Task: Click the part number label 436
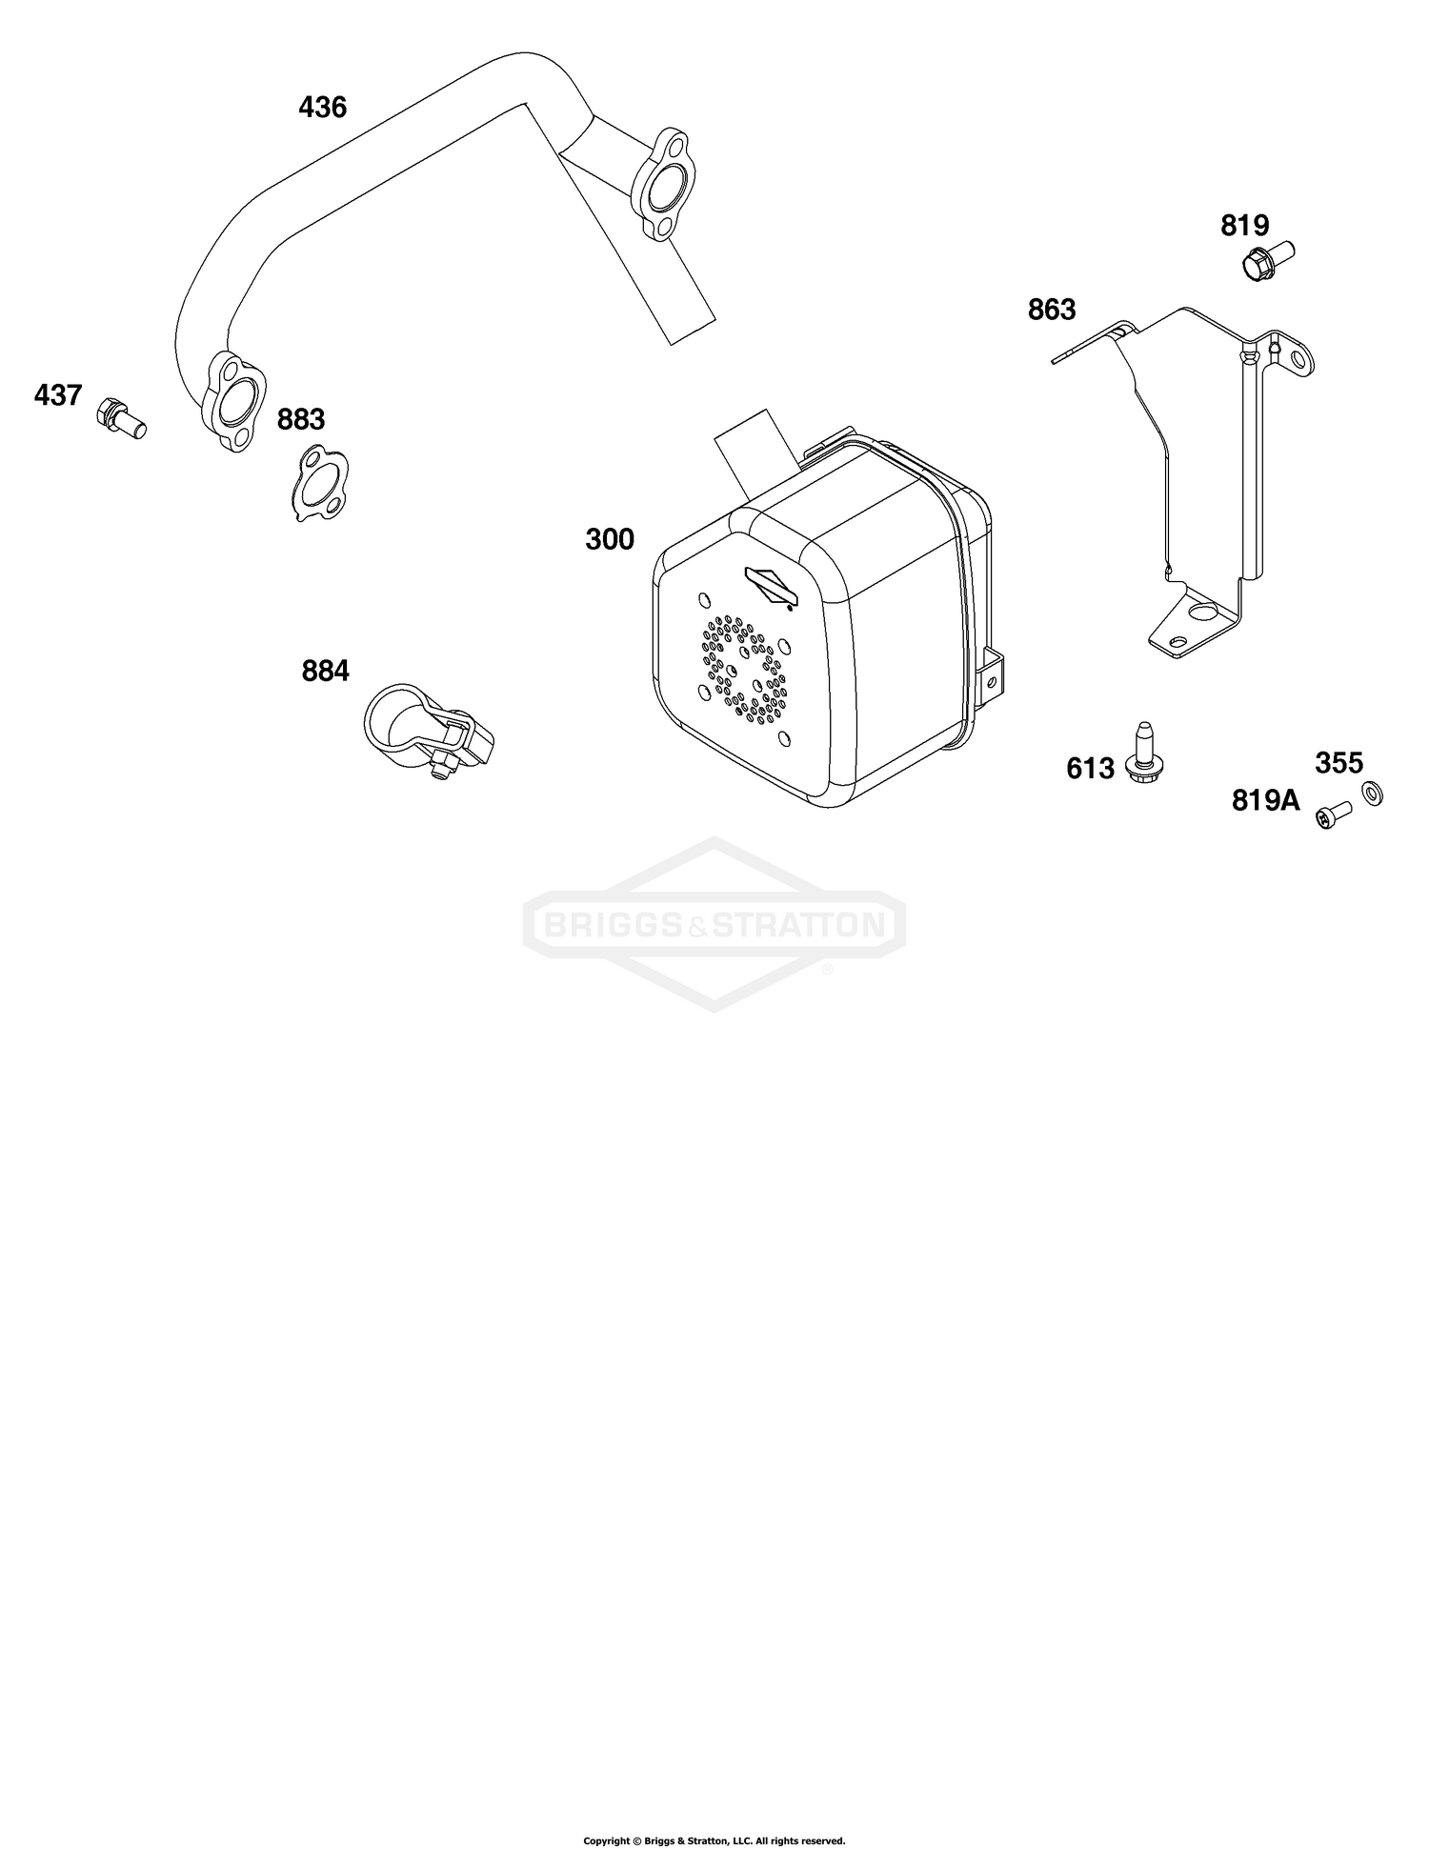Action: tap(322, 108)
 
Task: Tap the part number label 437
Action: tap(58, 394)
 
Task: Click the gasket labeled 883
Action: tap(319, 484)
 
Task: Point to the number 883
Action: tap(301, 419)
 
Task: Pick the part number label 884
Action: tap(325, 672)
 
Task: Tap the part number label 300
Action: tap(610, 540)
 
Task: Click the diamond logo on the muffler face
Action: tap(773, 586)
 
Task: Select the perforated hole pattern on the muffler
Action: tap(746, 665)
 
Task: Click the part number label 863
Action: tap(1052, 310)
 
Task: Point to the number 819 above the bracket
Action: tap(1245, 226)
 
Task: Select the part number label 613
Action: tap(1090, 768)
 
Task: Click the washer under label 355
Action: tap(1370, 793)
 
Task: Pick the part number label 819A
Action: tap(1266, 801)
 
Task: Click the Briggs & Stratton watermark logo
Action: tap(714, 923)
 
